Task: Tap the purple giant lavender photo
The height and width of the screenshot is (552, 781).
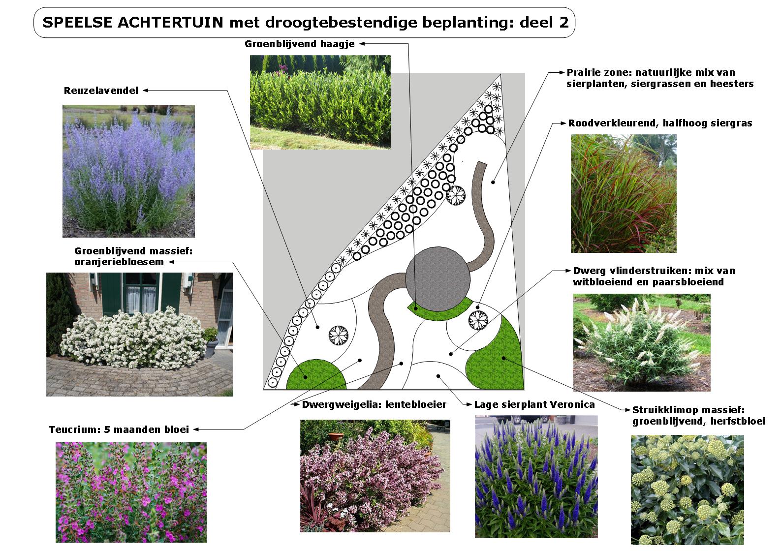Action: coord(128,171)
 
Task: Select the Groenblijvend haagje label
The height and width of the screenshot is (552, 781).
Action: coord(300,44)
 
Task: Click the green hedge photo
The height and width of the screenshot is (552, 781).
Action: coord(320,102)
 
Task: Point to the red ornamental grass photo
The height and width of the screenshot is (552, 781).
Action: coord(624,193)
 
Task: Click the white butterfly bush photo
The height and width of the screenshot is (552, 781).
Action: coord(642,342)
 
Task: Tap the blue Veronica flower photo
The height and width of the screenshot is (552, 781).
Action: coord(536,476)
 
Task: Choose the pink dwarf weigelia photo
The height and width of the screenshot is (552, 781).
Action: coord(375,475)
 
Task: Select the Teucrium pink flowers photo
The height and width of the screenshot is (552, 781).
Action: coord(131,492)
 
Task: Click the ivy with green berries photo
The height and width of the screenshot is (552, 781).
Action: coord(687,490)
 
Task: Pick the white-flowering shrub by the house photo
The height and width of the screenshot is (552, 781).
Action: coord(139,335)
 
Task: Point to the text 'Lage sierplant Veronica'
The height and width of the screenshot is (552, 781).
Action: coord(534,405)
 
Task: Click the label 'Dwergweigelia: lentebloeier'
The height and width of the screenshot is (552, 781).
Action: coord(374,405)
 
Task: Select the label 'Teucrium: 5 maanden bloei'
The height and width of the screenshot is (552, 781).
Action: coord(119,429)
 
